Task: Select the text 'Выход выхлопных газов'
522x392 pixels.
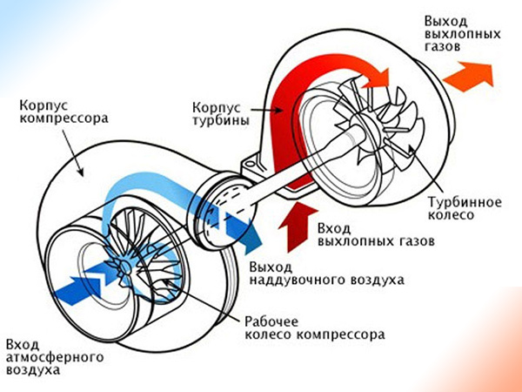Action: (461, 32)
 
